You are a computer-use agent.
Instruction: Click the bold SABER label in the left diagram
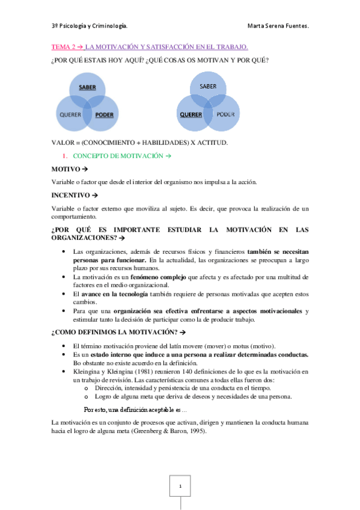pyautogui.click(x=88, y=87)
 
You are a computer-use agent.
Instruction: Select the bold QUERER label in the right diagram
pyautogui.click(x=190, y=114)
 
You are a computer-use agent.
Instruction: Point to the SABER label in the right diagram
pyautogui.click(x=207, y=87)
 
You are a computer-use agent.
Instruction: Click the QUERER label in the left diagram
pyautogui.click(x=70, y=114)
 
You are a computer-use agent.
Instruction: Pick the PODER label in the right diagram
pyautogui.click(x=225, y=113)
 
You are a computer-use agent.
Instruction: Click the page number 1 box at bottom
pyautogui.click(x=180, y=484)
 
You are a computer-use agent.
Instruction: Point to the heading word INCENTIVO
pyautogui.click(x=69, y=195)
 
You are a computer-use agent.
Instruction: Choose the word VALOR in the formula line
pyautogui.click(x=62, y=142)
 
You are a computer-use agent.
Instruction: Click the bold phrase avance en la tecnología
pyautogui.click(x=115, y=293)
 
